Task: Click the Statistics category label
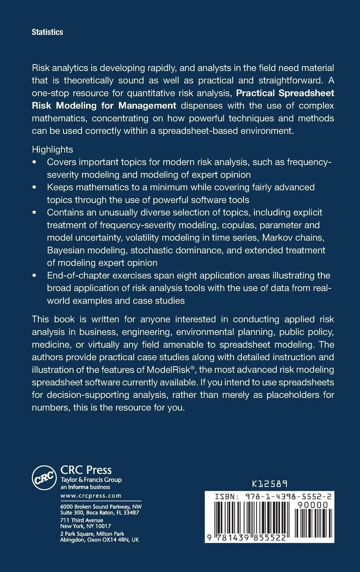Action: pos(47,32)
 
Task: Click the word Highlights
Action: pos(52,149)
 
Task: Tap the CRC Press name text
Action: pos(86,470)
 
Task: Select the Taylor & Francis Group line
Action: pos(91,480)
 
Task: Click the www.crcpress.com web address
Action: pos(91,496)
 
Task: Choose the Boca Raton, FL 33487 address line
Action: pos(100,513)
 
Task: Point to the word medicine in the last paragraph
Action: pos(50,344)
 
